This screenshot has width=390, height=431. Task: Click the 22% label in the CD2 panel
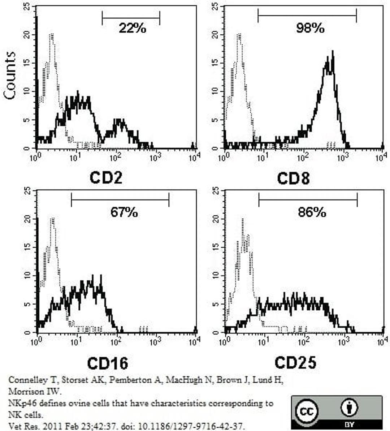(132, 28)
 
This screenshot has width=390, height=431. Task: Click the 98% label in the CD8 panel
(310, 28)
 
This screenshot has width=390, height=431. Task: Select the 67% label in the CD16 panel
(124, 212)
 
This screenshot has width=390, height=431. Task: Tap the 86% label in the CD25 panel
(312, 212)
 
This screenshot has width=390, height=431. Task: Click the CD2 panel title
(106, 178)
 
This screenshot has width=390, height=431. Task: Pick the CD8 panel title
(293, 178)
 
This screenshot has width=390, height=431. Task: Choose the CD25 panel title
(295, 362)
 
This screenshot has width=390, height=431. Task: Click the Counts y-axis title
(10, 75)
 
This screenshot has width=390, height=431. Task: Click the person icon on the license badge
(349, 408)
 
